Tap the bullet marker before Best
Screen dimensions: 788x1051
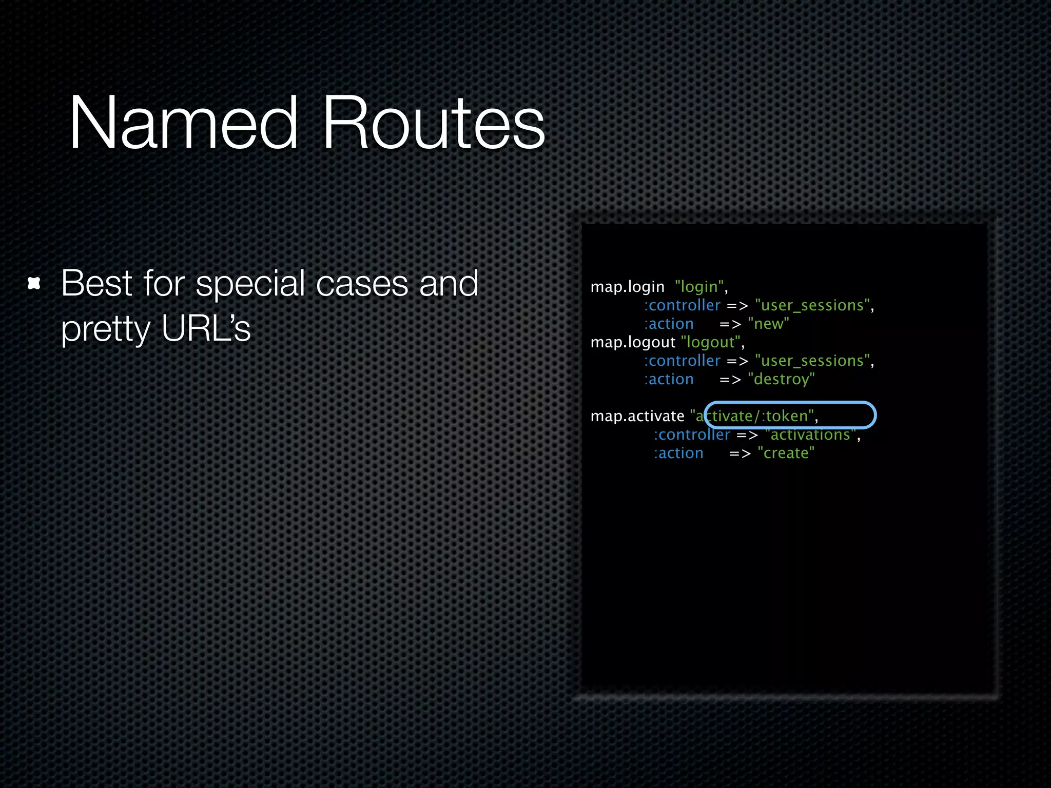(x=34, y=283)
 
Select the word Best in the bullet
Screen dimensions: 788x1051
(x=97, y=283)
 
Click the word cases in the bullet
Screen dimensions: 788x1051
(x=363, y=283)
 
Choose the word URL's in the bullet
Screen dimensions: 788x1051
(x=206, y=328)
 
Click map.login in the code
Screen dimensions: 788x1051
(x=627, y=287)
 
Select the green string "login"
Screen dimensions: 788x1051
(x=699, y=287)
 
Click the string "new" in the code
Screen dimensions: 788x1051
(x=768, y=324)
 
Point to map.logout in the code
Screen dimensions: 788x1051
(x=633, y=342)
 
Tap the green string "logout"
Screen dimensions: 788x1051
(x=710, y=342)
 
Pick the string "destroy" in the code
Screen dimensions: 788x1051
(x=781, y=379)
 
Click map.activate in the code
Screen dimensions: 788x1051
(x=637, y=416)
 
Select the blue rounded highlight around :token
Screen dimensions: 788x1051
(x=790, y=403)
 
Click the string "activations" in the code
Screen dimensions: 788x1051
(x=810, y=435)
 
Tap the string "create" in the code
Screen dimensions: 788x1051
(x=786, y=453)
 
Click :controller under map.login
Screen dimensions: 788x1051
(x=682, y=305)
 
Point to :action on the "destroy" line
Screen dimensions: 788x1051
(x=669, y=379)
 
